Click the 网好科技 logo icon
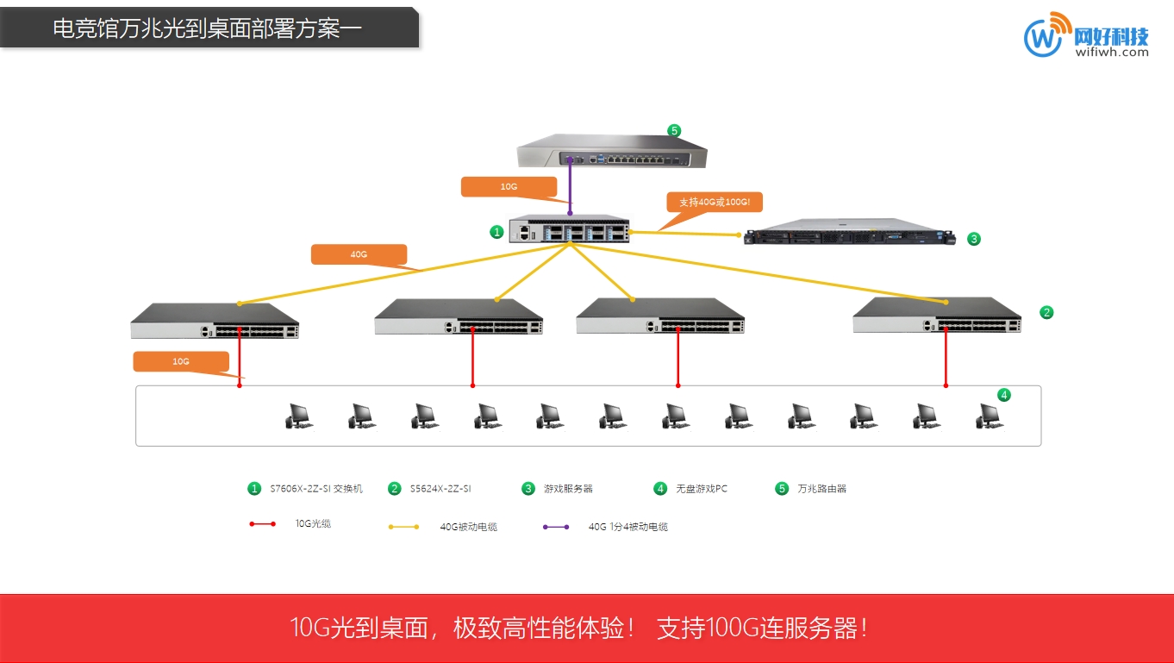click(1044, 36)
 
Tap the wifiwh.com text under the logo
click(1112, 52)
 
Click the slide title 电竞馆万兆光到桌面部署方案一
click(207, 28)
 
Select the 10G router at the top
click(612, 153)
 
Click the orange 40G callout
click(359, 254)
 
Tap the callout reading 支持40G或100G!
click(715, 202)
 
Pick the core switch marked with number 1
click(568, 229)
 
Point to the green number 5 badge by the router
click(674, 131)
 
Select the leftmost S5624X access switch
click(215, 321)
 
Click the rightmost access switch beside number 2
click(937, 316)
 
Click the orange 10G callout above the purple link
click(509, 186)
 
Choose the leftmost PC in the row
click(298, 416)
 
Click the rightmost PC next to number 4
click(989, 416)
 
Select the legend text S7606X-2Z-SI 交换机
click(316, 489)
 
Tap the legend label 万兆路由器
click(821, 489)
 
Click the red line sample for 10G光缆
click(262, 523)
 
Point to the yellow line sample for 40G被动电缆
click(404, 526)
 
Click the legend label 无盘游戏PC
click(701, 489)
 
